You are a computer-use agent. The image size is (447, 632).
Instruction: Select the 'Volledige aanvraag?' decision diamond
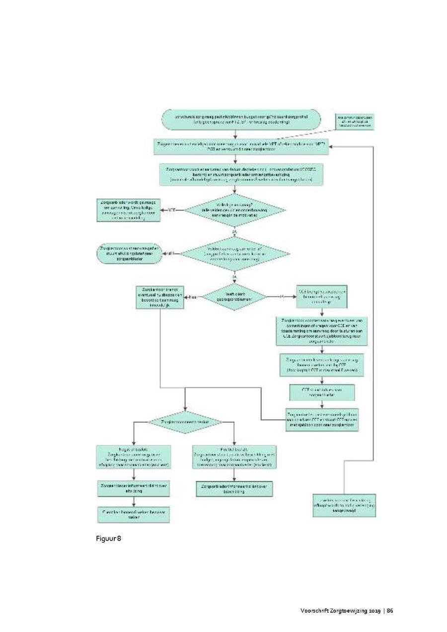pos(235,211)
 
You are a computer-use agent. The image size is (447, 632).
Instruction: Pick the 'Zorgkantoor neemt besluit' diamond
pos(185,421)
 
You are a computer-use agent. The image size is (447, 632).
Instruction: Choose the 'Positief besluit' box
pos(234,457)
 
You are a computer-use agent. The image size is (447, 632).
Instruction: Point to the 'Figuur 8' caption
pos(109,539)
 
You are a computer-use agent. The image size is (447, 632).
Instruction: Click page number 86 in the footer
pos(390,611)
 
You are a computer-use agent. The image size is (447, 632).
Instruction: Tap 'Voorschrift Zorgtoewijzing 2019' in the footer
pos(340,611)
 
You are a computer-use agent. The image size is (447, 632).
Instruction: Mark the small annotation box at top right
pos(355,121)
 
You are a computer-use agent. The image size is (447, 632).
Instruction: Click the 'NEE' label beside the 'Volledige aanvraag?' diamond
pos(172,211)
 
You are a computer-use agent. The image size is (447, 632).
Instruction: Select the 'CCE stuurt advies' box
pos(322,393)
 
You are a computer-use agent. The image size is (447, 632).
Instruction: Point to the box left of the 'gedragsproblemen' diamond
pos(160,297)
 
